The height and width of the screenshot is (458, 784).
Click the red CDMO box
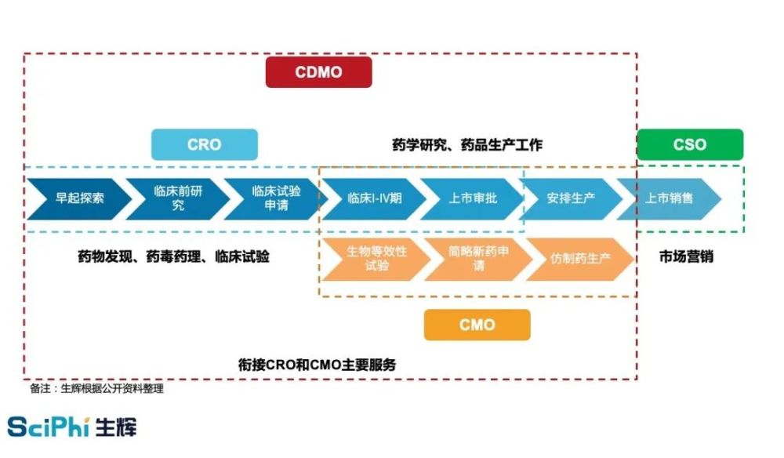tap(318, 72)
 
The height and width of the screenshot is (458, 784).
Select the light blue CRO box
tap(205, 144)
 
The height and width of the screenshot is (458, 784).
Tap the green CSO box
tap(690, 144)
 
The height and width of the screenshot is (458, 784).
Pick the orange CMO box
tap(477, 325)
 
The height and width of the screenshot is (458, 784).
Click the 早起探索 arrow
tap(79, 198)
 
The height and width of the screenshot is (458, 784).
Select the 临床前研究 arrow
tap(177, 198)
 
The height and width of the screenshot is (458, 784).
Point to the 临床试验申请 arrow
tap(275, 198)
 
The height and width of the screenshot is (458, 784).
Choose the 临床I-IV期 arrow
tap(374, 198)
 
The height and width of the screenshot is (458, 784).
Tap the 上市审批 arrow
tap(472, 198)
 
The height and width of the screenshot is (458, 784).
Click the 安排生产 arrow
tap(570, 198)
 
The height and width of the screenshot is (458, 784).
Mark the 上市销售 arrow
tap(669, 198)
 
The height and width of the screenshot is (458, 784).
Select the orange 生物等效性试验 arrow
tap(376, 259)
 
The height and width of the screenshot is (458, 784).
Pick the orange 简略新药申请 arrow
tap(478, 259)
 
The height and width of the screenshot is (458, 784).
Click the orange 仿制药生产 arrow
tap(580, 259)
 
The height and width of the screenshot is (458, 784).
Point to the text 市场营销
tap(686, 257)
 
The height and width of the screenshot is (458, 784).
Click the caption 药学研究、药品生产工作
tap(467, 145)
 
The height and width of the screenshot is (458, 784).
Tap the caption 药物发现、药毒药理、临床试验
tap(173, 257)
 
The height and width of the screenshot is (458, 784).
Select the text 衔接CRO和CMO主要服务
tap(317, 365)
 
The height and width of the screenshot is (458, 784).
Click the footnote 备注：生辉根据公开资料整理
tap(96, 388)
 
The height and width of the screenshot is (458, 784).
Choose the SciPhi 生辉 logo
tap(71, 427)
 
